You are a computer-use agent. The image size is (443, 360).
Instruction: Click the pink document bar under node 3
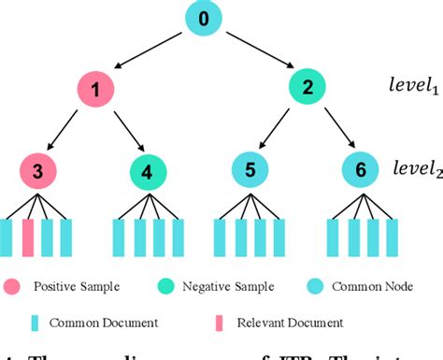point(28,238)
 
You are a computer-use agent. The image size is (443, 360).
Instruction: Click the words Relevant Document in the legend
point(277,323)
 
